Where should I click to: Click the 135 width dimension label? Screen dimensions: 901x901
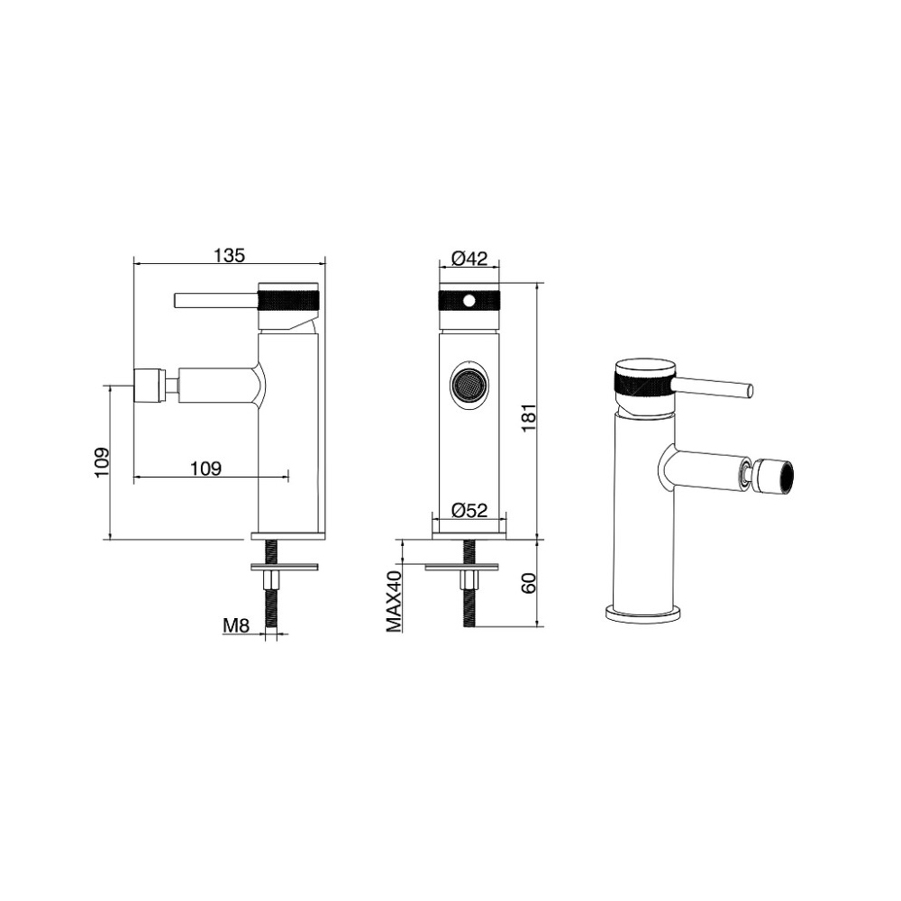(x=229, y=255)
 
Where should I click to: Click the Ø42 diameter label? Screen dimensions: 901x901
(x=469, y=259)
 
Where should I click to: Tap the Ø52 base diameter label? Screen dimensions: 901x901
(x=469, y=510)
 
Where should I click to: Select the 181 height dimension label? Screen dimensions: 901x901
(x=529, y=418)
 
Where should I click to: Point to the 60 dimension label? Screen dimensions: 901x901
(x=529, y=583)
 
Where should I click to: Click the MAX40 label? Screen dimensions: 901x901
(x=394, y=601)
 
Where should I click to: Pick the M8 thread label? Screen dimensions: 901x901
(x=236, y=625)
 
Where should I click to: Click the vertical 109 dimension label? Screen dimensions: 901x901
(x=101, y=462)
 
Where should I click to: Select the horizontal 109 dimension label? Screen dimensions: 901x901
(x=205, y=469)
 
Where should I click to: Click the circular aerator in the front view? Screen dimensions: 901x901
(x=469, y=385)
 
